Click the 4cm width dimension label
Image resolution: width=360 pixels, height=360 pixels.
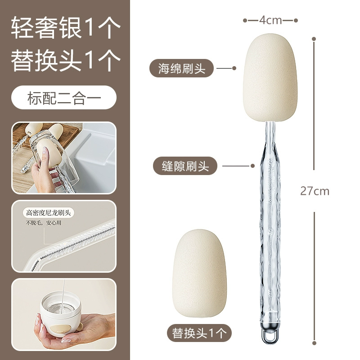pos(270,20)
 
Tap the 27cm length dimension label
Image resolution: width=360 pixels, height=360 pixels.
pos(315,191)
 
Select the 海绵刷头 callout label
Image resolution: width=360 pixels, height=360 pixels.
pos(181,68)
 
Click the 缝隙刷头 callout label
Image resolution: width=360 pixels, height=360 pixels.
pos(185,166)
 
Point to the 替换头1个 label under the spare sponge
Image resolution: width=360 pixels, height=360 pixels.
pos(199,333)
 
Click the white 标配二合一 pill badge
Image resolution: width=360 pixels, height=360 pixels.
pos(64,98)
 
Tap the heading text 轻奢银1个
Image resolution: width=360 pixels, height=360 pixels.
pos(66,27)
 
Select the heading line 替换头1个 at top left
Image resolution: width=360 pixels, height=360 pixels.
pos(66,60)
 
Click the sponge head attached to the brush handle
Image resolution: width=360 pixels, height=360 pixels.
pos(270,77)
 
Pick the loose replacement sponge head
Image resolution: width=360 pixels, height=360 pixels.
pos(199,274)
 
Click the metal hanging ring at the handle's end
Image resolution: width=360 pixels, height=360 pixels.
pos(270,333)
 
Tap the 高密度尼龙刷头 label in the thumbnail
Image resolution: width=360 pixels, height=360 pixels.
pos(48,213)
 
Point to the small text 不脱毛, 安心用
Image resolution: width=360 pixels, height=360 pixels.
pos(43,223)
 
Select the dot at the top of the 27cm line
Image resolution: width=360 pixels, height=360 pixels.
pos(314,39)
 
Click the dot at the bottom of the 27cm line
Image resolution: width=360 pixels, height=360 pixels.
pos(314,343)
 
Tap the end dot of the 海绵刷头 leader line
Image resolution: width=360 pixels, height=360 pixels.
pos(234,68)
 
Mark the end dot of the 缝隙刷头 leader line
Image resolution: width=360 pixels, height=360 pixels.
pos(252,166)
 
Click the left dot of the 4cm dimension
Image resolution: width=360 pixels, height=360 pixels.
pos(245,20)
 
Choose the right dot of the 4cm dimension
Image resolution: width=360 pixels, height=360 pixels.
pos(296,20)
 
